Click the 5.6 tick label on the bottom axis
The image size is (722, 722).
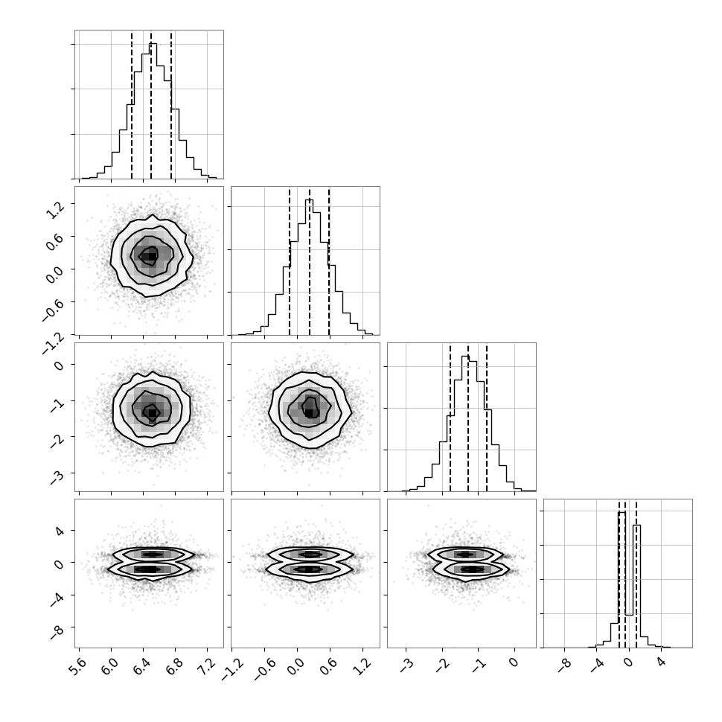coord(79,665)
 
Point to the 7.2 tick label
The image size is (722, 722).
coord(207,665)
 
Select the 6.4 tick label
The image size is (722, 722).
coord(143,665)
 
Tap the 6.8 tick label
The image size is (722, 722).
coord(175,665)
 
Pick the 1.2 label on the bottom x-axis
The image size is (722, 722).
coord(362,665)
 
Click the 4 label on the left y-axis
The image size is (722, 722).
coord(59,531)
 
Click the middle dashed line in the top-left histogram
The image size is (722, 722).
coord(151,104)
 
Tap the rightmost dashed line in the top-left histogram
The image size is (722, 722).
coord(171,104)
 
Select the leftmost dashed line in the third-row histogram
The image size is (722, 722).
coord(450,417)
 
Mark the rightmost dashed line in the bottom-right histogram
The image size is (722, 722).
coord(636,573)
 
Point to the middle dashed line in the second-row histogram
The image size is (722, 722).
coord(310,261)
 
